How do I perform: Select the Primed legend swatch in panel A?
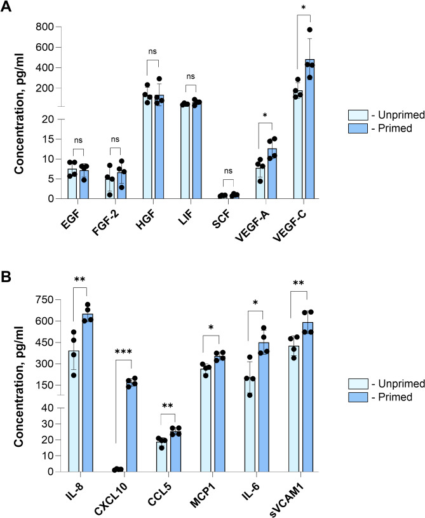click(354, 127)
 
